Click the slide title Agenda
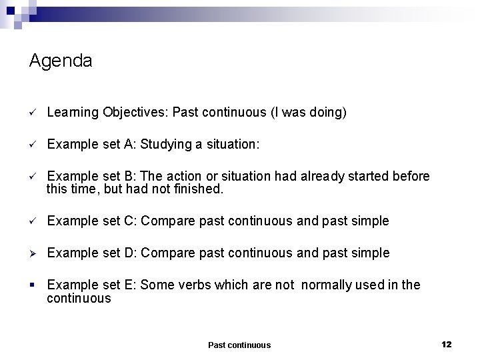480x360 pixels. [x=61, y=61]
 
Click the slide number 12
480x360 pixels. [x=447, y=344]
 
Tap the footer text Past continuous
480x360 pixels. [x=239, y=345]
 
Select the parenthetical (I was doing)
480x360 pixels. [x=308, y=113]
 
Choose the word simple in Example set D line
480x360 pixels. [x=371, y=253]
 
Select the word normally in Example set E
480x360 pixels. [x=328, y=285]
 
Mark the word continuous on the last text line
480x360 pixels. [x=79, y=298]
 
